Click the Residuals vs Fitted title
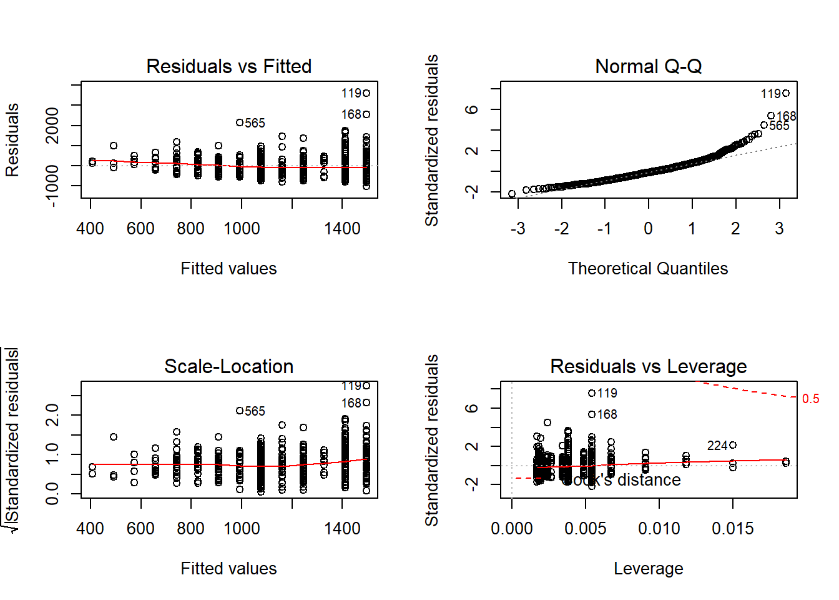tap(228, 66)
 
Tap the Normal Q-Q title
tap(648, 66)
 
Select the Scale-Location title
tap(228, 366)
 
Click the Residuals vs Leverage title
tap(648, 366)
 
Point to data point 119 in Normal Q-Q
tap(786, 93)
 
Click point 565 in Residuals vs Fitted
tap(240, 122)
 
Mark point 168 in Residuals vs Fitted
tap(366, 114)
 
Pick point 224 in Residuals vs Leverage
tap(733, 445)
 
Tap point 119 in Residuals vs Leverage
tap(592, 393)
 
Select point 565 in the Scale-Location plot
tap(240, 411)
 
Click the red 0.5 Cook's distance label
tap(810, 399)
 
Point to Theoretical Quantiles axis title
tap(648, 269)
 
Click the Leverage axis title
tap(648, 569)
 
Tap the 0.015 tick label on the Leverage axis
tap(733, 529)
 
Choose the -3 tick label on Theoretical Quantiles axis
tap(518, 229)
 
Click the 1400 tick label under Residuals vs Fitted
tap(342, 229)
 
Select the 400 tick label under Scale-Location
tap(91, 529)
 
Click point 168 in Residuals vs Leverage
tap(592, 414)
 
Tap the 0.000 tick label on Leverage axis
tap(512, 529)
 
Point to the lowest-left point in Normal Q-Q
tap(512, 194)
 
